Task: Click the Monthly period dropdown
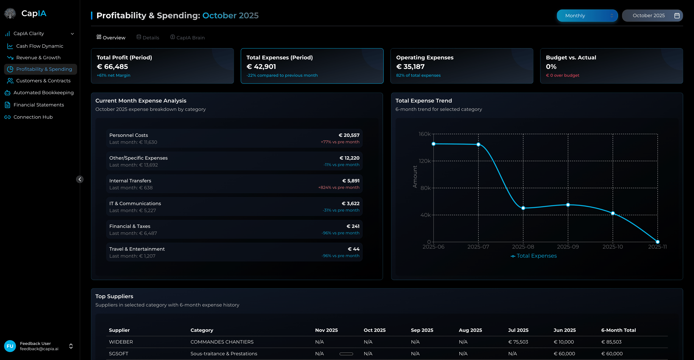[587, 16]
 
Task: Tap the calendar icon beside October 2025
[677, 16]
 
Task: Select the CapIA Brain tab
[188, 37]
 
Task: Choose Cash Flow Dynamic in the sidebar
[40, 46]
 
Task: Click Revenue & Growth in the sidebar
[38, 58]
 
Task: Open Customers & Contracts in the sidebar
[43, 81]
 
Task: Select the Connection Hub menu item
[33, 117]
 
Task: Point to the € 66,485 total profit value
[112, 67]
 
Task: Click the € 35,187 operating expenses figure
[410, 67]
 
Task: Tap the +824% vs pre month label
[339, 188]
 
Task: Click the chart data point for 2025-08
[523, 208]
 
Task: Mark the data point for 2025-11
[657, 242]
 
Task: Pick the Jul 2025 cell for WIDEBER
[518, 342]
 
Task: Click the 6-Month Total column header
[618, 330]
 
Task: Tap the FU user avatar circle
[10, 346]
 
